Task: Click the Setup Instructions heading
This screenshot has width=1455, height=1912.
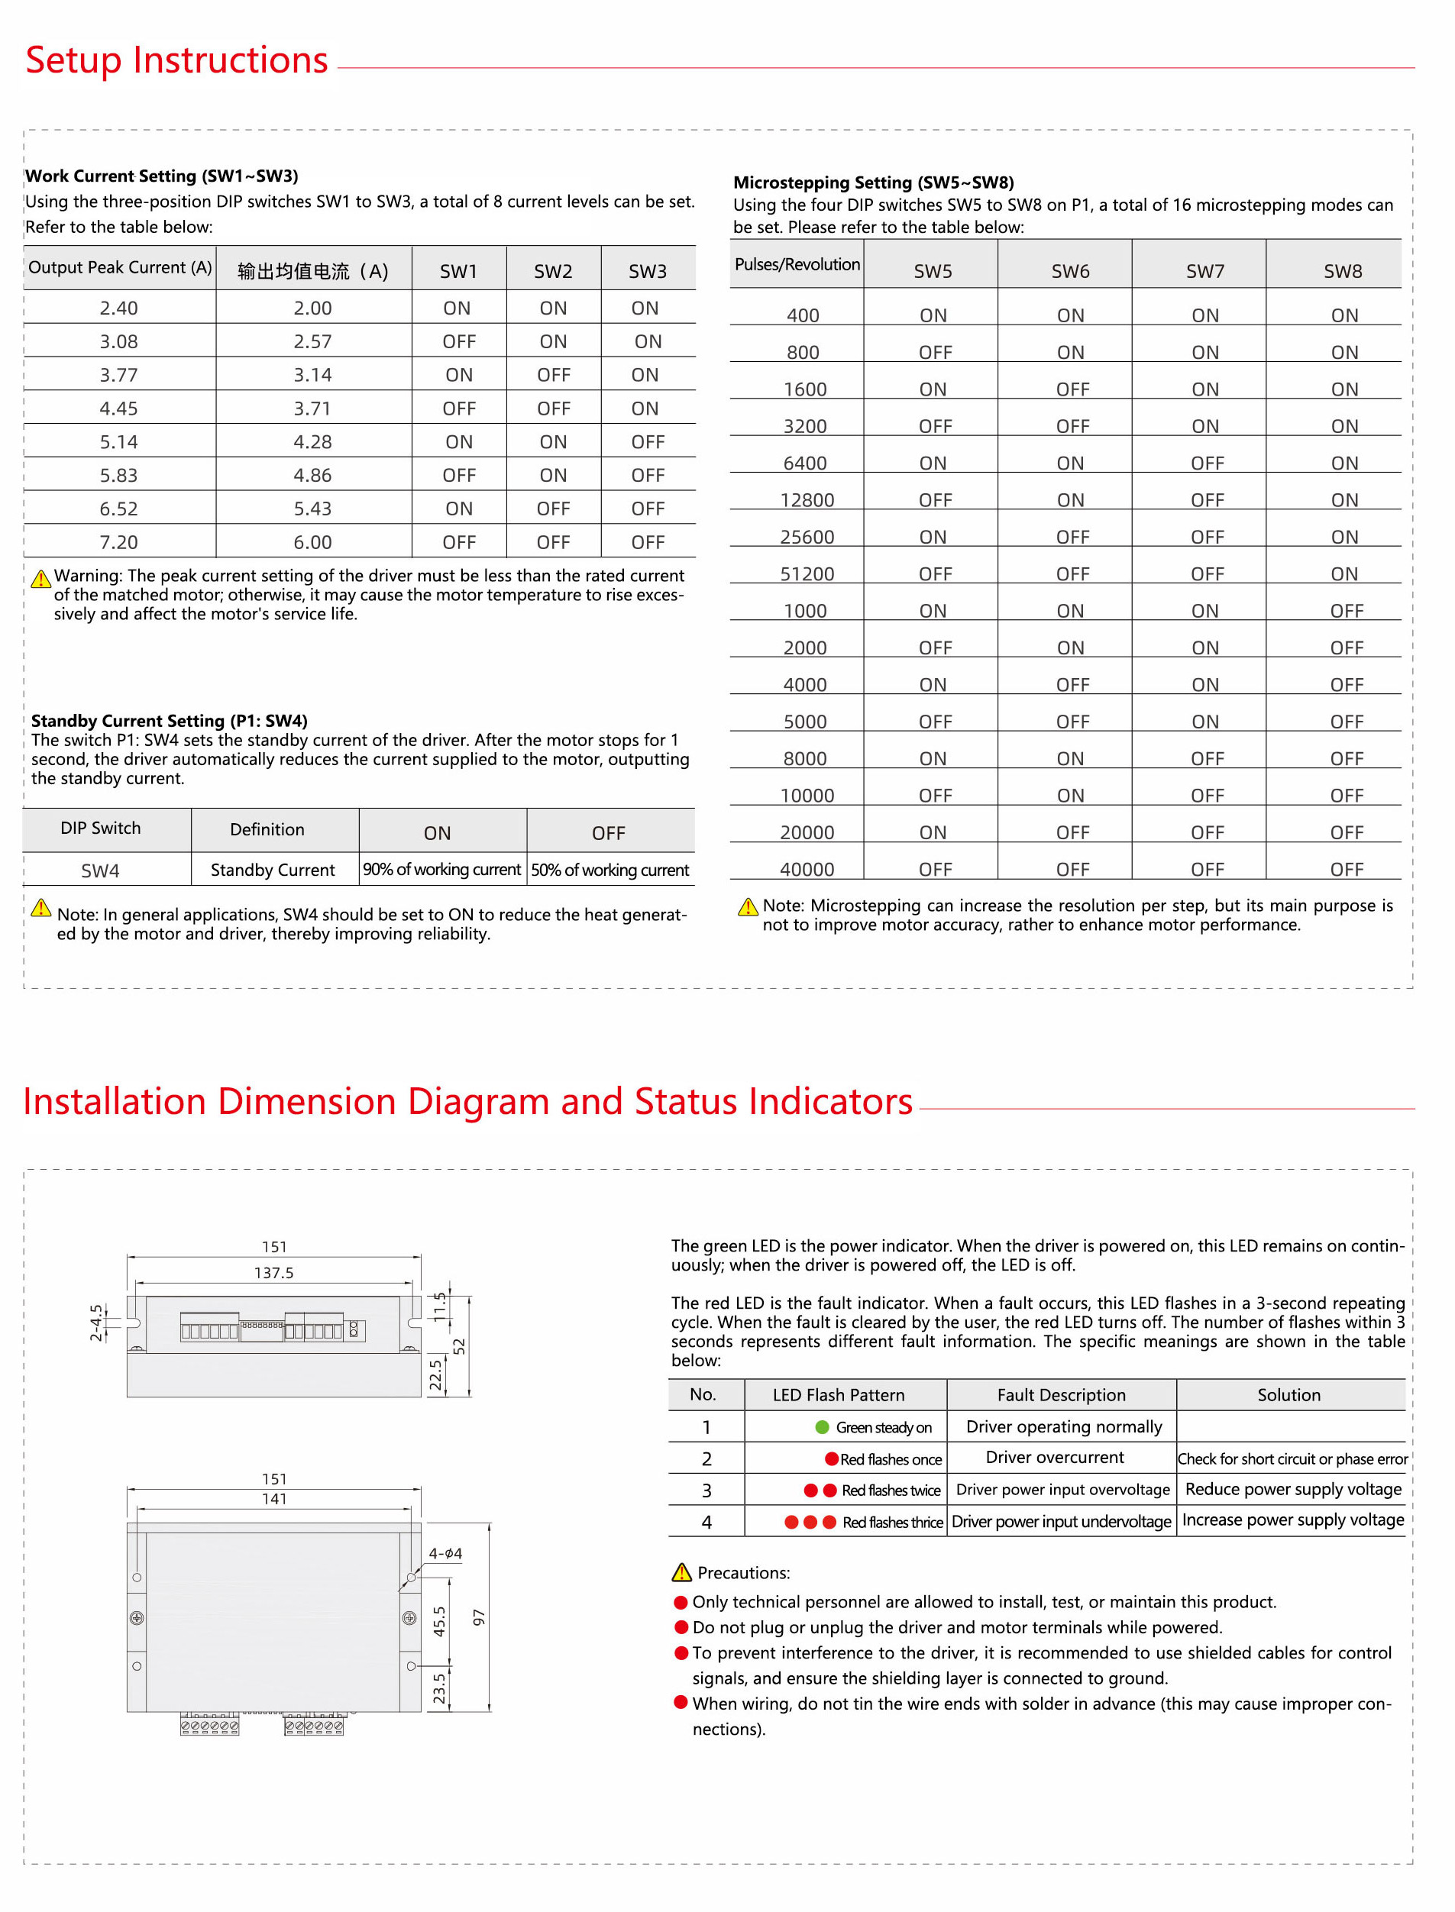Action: pos(176,60)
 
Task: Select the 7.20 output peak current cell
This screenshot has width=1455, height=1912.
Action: pos(118,542)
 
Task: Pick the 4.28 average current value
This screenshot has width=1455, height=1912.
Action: pos(312,441)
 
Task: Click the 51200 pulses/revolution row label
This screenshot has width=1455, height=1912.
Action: pos(807,574)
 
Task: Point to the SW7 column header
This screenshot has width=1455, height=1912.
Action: pos(1204,271)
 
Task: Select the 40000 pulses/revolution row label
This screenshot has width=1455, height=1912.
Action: pos(807,870)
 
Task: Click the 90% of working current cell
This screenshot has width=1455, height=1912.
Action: pos(441,870)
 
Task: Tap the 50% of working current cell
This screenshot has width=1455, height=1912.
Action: pos(609,870)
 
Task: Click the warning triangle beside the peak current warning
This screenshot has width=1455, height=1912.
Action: pos(40,579)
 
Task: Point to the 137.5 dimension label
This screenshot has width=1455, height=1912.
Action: pos(273,1273)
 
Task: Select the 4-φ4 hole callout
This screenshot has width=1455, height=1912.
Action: pos(445,1553)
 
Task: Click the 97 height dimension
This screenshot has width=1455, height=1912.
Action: pos(479,1617)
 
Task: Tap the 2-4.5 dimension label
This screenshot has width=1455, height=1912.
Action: pos(96,1322)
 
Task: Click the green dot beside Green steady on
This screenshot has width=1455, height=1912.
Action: pos(822,1427)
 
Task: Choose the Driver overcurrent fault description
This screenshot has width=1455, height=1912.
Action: pos(1054,1458)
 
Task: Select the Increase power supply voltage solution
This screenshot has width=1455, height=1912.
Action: pos(1292,1520)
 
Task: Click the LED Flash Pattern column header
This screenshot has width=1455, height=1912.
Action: pos(839,1395)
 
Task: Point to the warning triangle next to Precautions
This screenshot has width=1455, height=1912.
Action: pos(681,1572)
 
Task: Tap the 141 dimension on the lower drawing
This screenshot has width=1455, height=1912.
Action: pos(273,1499)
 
